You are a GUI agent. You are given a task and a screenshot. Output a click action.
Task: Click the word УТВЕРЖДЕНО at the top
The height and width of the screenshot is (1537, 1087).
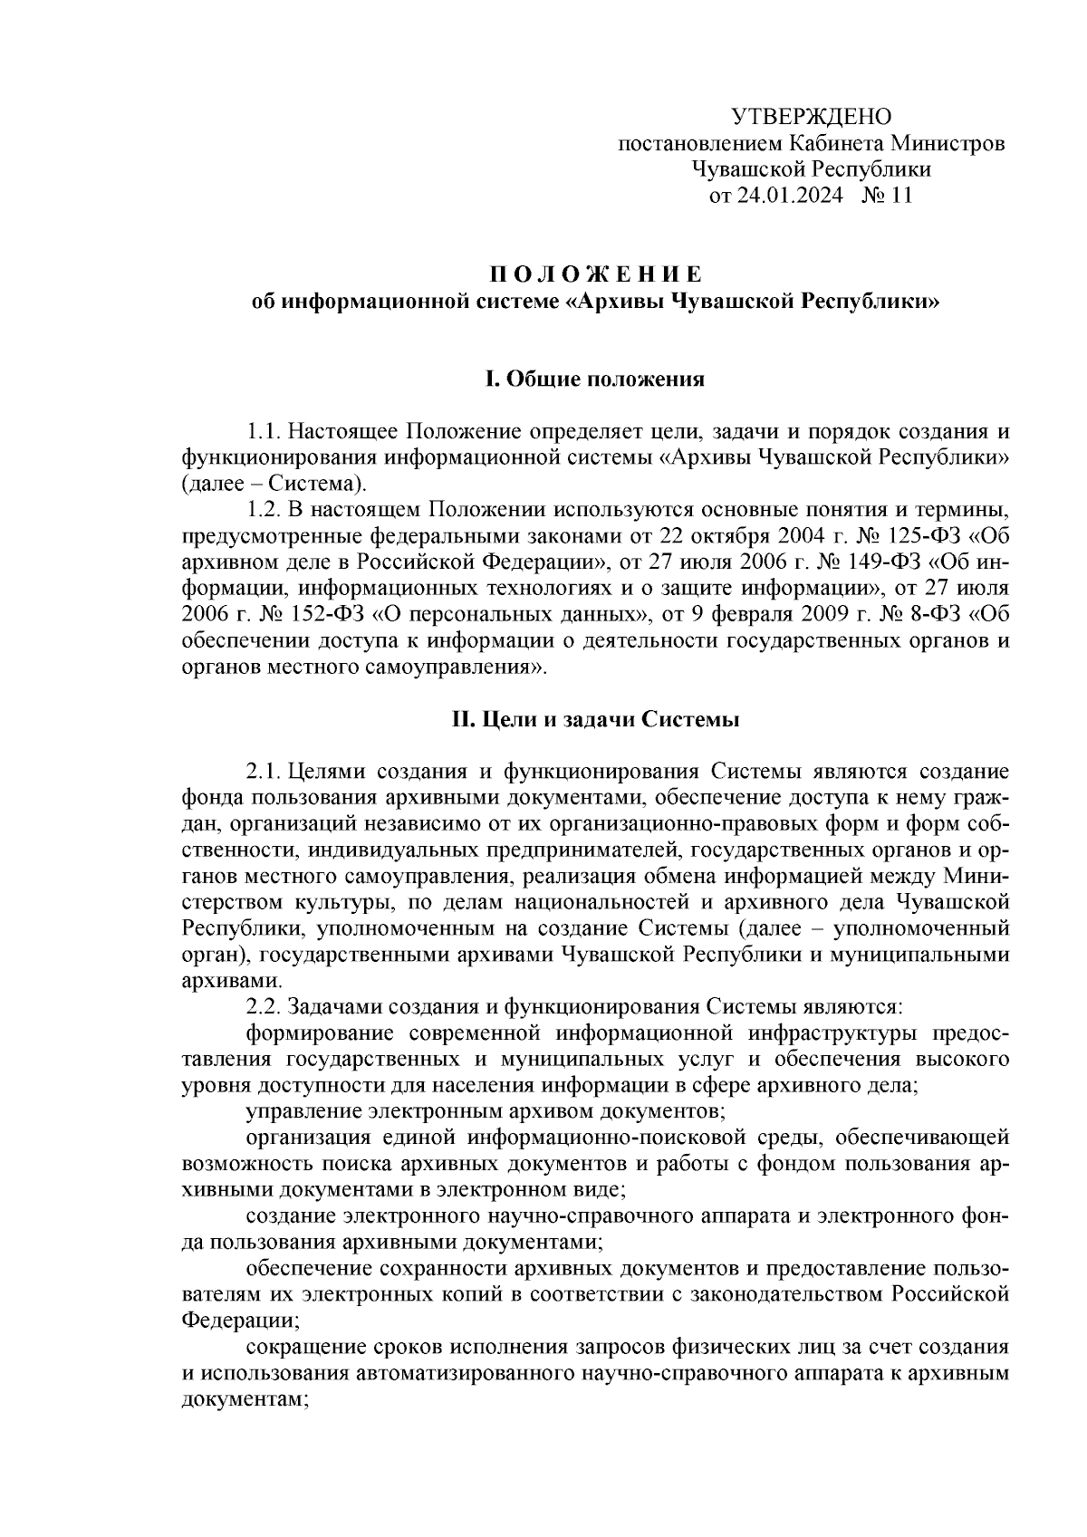pos(811,117)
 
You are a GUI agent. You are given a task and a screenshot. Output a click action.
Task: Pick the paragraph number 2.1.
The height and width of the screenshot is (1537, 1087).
pos(263,772)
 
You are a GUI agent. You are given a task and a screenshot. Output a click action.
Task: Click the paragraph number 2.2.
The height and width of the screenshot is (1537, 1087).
pos(263,1006)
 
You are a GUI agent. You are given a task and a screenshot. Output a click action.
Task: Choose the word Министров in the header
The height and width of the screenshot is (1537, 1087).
pos(948,143)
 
